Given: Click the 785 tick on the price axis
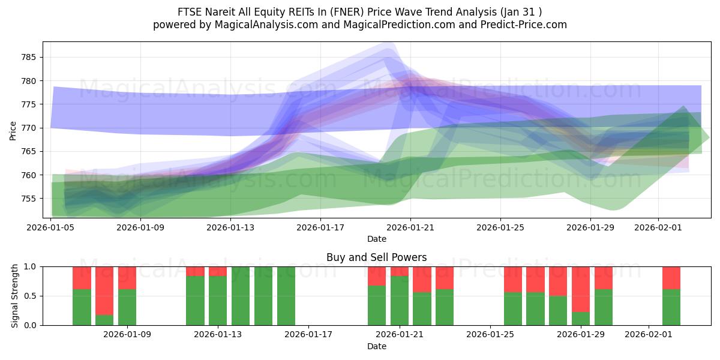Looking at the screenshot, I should click(x=30, y=58).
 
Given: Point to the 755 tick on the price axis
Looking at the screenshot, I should click(x=30, y=199).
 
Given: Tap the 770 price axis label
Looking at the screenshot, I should click(x=30, y=128).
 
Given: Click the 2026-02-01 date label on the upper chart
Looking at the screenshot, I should click(x=658, y=227).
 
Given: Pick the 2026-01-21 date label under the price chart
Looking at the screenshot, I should click(x=410, y=227).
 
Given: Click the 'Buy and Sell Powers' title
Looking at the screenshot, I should click(x=376, y=257).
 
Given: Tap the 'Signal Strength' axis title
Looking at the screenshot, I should click(x=14, y=296).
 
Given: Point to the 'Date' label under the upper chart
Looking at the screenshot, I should click(x=376, y=239).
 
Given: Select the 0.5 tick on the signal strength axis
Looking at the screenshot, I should click(x=30, y=296).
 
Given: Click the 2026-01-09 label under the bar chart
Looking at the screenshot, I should click(x=127, y=335).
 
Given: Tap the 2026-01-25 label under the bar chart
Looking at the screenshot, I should click(x=490, y=335).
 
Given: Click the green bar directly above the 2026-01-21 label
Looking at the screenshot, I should click(x=400, y=300).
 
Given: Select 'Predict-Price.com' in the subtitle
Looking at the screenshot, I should click(x=525, y=25).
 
